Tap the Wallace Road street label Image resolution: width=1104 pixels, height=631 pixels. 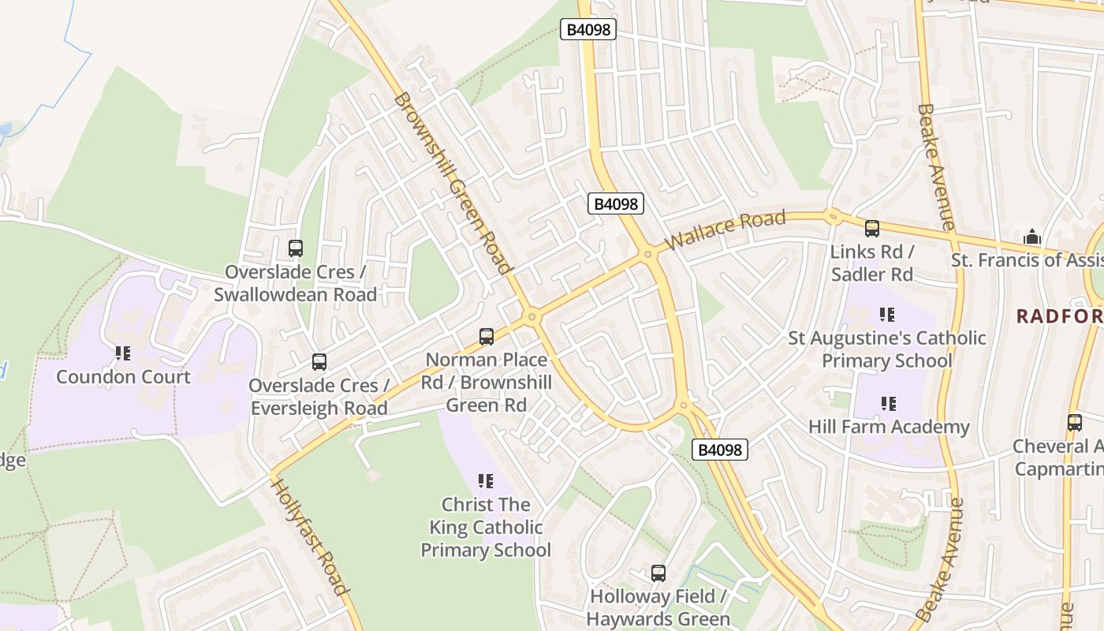725,230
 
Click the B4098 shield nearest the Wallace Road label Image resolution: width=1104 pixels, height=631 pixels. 616,203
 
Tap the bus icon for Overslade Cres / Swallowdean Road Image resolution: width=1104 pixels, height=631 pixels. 296,248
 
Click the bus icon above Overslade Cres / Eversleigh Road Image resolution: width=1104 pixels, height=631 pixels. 319,362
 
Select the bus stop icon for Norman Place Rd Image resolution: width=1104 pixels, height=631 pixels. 487,337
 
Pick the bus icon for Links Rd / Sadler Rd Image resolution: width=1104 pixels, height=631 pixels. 871,229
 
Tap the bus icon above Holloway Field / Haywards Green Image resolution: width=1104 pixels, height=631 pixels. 658,573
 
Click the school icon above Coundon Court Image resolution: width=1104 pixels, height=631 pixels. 123,353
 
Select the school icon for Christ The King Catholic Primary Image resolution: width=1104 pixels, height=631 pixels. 486,480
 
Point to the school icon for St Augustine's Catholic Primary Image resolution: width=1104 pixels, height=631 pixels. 887,315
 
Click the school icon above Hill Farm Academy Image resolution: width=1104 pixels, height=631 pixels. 889,404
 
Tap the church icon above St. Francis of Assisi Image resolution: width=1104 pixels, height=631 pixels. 1031,237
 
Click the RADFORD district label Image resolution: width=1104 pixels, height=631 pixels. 1059,316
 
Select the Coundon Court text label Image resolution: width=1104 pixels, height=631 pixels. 123,376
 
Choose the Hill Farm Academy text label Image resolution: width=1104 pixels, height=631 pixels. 889,427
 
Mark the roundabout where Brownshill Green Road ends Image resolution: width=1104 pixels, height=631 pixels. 532,317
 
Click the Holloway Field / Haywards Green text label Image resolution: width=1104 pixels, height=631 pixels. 658,607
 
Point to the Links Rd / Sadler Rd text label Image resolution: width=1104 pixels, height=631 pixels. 871,263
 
